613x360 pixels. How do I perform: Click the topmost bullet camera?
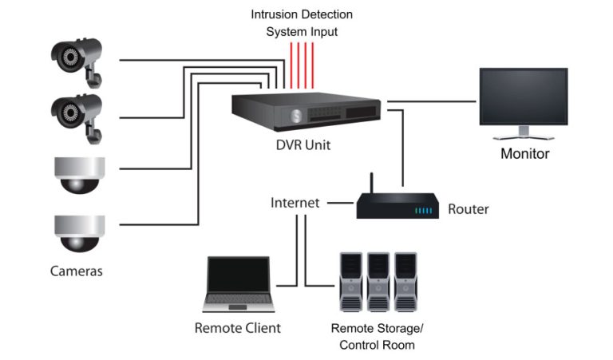77,57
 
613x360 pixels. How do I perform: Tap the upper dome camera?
79,174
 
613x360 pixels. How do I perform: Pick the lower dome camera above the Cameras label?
79,232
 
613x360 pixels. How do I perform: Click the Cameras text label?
77,271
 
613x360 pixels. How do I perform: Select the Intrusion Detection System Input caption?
302,23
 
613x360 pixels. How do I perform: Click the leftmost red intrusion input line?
291,65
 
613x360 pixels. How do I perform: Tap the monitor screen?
523,96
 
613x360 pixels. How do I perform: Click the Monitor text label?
524,153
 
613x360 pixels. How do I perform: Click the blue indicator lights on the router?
424,211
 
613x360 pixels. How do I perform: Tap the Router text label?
468,209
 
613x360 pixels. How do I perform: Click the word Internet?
295,203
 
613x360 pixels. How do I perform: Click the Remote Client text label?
238,328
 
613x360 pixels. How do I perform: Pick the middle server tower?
378,281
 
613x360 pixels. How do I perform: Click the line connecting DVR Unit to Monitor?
431,101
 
